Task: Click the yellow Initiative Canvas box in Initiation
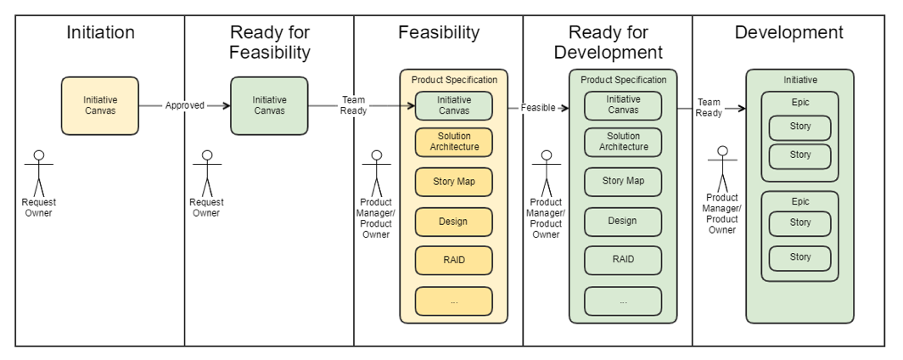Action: click(x=100, y=105)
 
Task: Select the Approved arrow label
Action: click(x=184, y=106)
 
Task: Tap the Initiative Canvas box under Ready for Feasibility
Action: click(x=269, y=105)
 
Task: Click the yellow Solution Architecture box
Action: click(x=453, y=142)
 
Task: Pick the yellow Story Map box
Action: click(x=453, y=182)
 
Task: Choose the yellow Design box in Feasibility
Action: click(x=453, y=222)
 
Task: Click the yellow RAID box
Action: click(x=453, y=261)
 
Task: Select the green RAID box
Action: click(x=622, y=260)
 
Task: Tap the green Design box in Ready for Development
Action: click(x=622, y=222)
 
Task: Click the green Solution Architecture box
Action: click(x=622, y=142)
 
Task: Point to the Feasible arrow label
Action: click(x=538, y=108)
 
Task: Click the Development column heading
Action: click(x=788, y=33)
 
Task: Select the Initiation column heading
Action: click(x=100, y=33)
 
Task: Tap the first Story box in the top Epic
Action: click(x=799, y=127)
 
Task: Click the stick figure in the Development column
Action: click(x=722, y=170)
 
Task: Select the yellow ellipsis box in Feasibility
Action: click(x=453, y=301)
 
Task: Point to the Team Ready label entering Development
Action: click(x=709, y=108)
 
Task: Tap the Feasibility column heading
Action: click(x=439, y=33)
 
